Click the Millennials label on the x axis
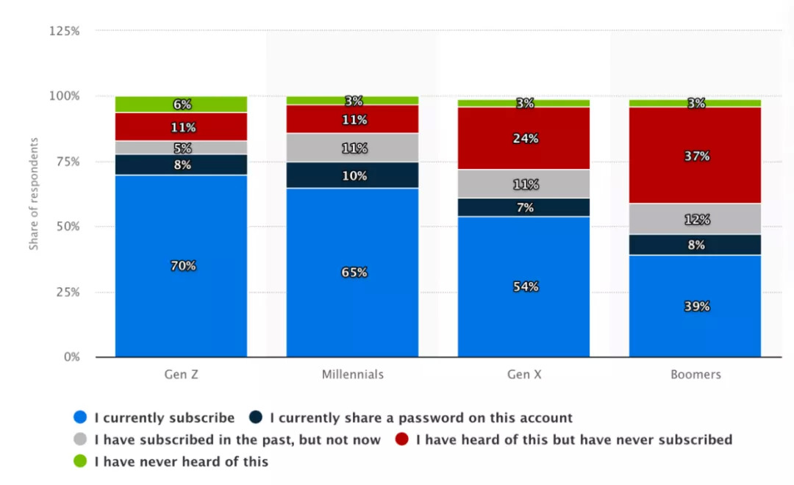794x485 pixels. [353, 375]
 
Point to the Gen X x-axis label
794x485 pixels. [524, 375]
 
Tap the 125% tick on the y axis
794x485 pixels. [64, 31]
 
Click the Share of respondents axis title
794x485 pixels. [34, 193]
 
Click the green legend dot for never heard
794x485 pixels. [80, 461]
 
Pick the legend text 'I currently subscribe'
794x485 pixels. [165, 418]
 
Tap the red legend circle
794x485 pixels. [401, 439]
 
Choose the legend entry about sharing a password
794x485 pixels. [421, 418]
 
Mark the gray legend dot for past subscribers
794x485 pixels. [80, 439]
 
